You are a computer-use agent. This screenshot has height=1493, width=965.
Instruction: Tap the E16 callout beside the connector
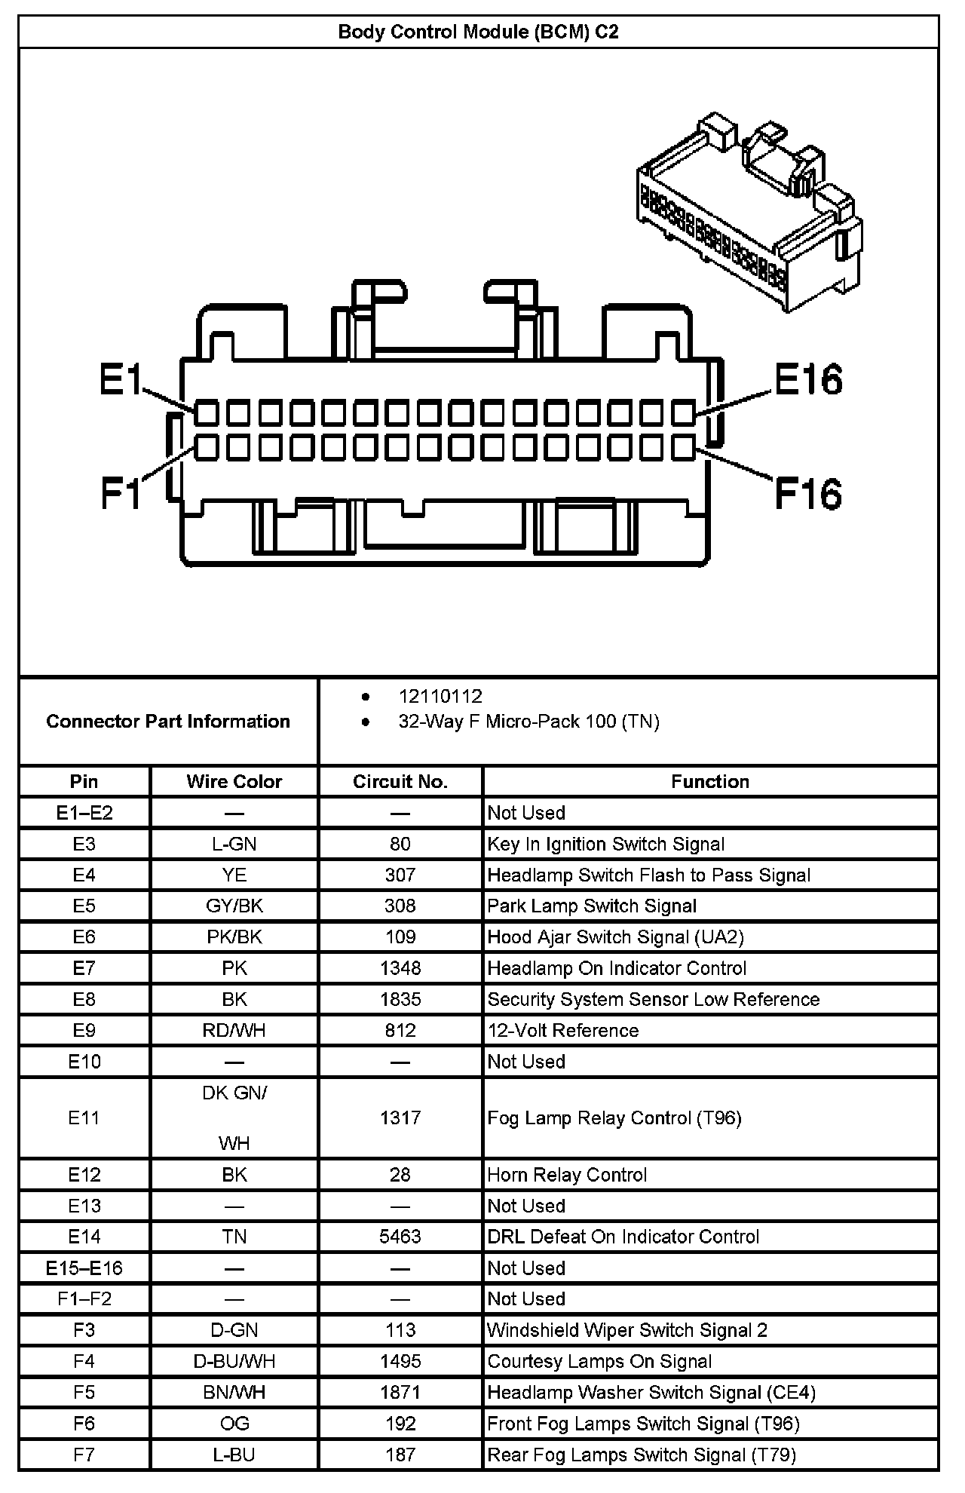[808, 379]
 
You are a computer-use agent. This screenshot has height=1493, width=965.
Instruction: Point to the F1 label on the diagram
[121, 494]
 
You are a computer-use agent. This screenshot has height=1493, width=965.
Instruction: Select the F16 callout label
[808, 494]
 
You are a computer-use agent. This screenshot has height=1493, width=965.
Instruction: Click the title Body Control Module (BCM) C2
[478, 32]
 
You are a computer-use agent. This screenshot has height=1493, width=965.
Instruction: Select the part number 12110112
[440, 696]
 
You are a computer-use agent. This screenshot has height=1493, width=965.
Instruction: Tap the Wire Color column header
[234, 781]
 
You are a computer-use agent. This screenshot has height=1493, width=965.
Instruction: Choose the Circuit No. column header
[400, 781]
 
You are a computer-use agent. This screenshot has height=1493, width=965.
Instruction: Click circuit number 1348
[400, 968]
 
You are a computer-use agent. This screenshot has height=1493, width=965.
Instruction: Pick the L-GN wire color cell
[234, 844]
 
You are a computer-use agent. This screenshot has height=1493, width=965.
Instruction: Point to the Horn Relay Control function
[567, 1175]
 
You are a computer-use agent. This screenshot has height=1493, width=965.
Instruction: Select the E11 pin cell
[84, 1117]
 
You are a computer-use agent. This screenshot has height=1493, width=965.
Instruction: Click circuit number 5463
[400, 1237]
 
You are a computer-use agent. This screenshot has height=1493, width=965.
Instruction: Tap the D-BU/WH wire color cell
[234, 1361]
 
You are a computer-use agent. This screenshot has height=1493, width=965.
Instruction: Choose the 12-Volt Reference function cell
[562, 1030]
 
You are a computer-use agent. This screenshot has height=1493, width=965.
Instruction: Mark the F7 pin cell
[84, 1455]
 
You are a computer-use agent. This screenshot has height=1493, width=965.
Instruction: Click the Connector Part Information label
[168, 722]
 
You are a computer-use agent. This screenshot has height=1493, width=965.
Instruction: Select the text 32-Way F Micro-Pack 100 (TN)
[528, 722]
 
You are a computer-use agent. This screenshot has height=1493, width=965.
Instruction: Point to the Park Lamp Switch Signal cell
[592, 906]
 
